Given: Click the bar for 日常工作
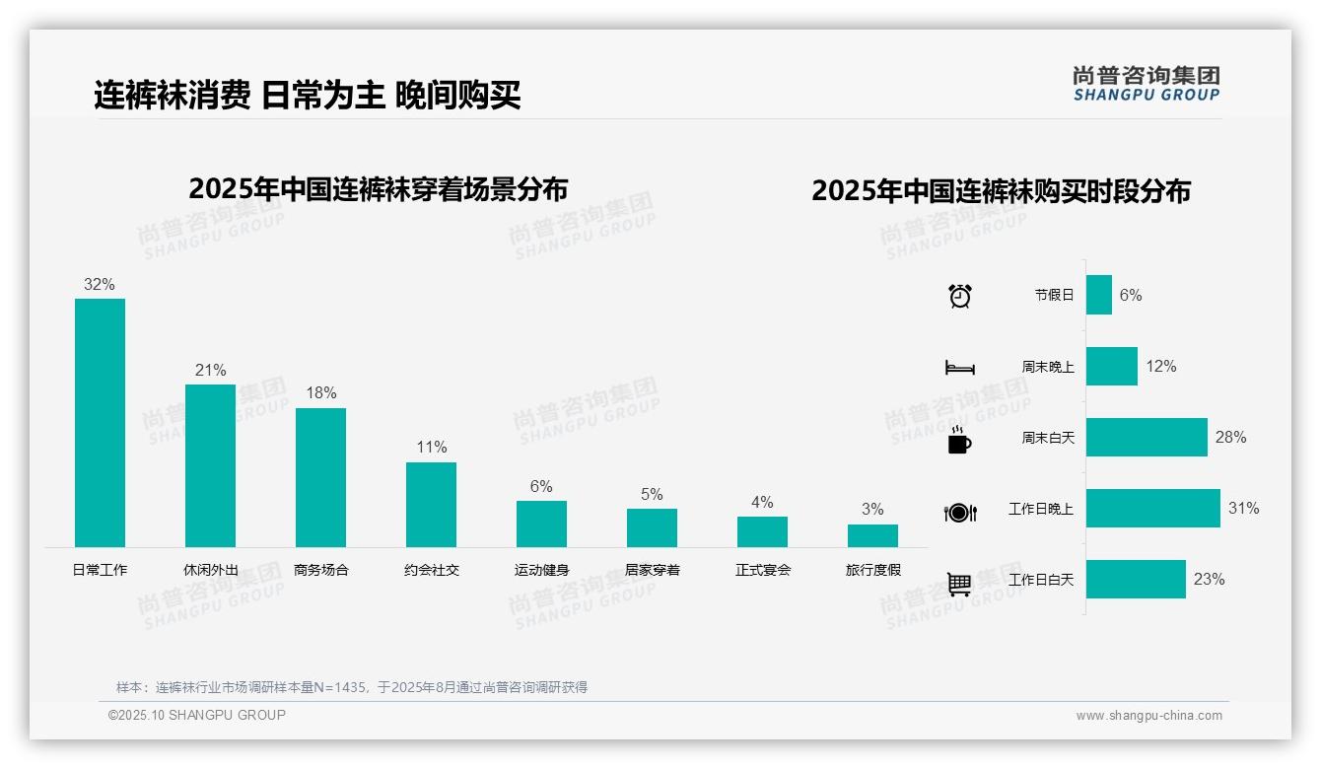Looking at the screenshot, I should (100, 423).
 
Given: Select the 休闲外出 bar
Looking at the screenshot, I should (210, 465).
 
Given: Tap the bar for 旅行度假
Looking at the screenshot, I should (872, 535).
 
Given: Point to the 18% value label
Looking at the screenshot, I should (320, 392).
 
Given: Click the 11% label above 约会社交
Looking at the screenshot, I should (431, 447).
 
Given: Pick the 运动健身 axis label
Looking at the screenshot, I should (541, 570).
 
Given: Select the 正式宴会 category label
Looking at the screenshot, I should (762, 570).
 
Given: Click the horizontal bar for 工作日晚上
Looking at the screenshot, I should (1152, 509).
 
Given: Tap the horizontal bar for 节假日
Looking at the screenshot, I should (1099, 295).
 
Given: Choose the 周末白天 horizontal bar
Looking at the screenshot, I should (1147, 437).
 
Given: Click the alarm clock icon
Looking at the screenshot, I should (959, 296).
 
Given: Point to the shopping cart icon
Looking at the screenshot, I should (959, 585).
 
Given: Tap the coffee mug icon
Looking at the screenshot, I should (959, 440).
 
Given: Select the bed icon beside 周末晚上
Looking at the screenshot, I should (959, 368).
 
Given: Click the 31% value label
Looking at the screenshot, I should (1243, 509).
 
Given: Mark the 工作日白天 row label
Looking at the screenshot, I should (1040, 580).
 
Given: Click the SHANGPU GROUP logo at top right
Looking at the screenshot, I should (1146, 84).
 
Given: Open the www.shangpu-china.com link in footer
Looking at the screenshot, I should (1148, 716).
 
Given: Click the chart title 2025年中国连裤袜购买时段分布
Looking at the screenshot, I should (1001, 190).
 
